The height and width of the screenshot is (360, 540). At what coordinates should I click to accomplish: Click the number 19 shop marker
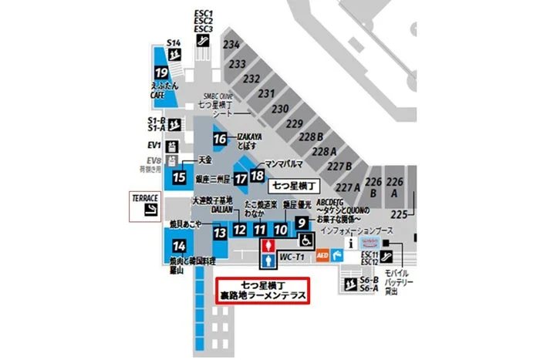click(161, 77)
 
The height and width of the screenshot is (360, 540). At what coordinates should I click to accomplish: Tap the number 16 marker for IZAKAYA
click(221, 139)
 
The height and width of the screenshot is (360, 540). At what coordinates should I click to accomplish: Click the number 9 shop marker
click(302, 223)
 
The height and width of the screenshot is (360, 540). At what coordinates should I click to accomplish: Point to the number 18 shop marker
click(257, 176)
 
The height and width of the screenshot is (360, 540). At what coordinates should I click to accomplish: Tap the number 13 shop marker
click(220, 231)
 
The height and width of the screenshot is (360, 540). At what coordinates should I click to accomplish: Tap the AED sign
click(322, 253)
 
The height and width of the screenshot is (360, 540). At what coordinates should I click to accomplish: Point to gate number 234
click(231, 45)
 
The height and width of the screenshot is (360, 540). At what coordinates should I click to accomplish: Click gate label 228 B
click(310, 136)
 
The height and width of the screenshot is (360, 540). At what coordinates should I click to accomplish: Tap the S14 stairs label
click(174, 42)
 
